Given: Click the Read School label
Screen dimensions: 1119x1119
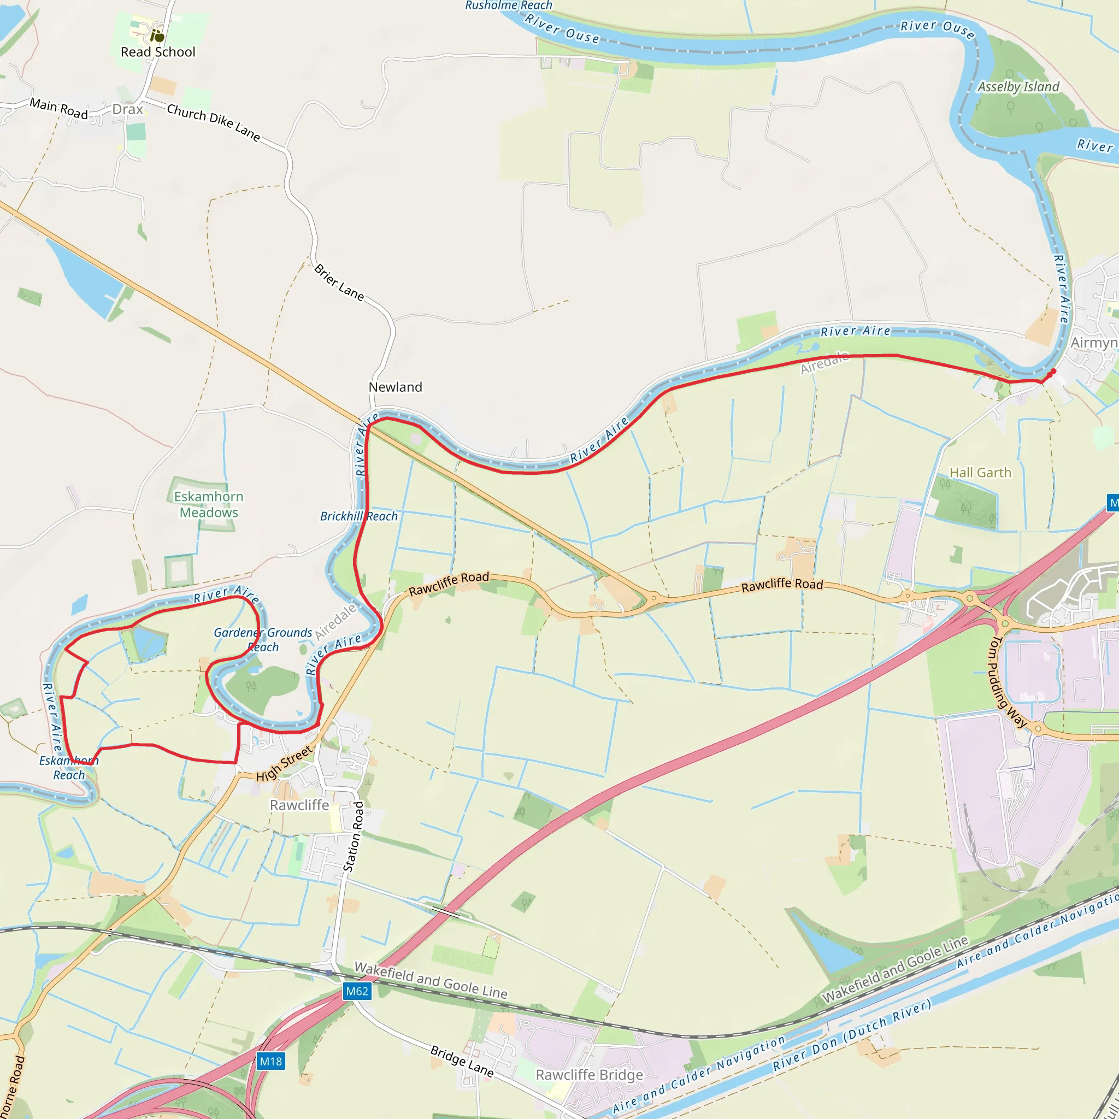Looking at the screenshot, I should (157, 52).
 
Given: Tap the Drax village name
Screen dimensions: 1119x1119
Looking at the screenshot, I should (127, 109).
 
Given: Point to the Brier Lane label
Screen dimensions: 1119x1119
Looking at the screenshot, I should (339, 282).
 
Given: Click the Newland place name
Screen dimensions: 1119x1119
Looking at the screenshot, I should (396, 387).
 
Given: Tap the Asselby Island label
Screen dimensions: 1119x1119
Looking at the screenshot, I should (1018, 87).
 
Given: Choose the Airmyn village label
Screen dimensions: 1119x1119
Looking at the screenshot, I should (1093, 343).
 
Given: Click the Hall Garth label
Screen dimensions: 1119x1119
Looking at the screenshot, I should (980, 473).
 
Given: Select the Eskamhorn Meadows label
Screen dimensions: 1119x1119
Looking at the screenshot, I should (209, 504).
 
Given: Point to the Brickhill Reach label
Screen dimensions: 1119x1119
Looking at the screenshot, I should (359, 516).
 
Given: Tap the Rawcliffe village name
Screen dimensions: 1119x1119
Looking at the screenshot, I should (299, 805).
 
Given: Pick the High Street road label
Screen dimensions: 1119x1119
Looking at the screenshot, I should (284, 764).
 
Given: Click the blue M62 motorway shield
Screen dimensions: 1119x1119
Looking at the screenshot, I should (357, 991).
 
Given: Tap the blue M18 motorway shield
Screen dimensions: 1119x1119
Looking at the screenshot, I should (270, 1061).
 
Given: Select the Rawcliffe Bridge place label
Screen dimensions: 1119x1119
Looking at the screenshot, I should (589, 1075).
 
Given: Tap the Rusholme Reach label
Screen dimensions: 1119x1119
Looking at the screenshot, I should (509, 6).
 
